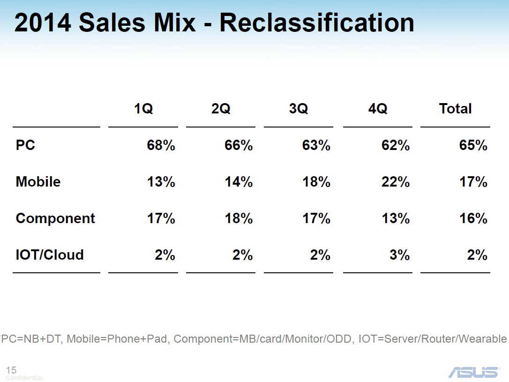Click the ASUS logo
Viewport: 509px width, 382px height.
point(473,372)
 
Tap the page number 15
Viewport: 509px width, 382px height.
point(11,370)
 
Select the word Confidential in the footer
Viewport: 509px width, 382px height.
point(24,378)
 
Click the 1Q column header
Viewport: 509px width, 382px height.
point(143,109)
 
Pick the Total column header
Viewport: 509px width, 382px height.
point(455,109)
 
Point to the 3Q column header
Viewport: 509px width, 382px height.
point(299,109)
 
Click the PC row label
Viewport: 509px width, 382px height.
point(26,145)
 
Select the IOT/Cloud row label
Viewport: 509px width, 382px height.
point(50,255)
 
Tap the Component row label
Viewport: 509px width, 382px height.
point(55,218)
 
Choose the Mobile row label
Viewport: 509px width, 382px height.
point(38,182)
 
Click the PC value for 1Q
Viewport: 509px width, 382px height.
point(161,145)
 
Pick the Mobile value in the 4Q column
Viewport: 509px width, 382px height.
point(396,182)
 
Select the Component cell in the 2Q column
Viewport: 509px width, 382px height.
point(239,218)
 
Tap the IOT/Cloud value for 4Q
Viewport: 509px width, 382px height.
point(399,255)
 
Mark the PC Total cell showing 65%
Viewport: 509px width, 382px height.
point(473,145)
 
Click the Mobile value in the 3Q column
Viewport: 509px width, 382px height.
point(316,182)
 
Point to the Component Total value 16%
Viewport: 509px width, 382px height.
point(473,218)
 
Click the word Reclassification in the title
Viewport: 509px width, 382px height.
point(317,22)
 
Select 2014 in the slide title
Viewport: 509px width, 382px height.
point(43,22)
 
